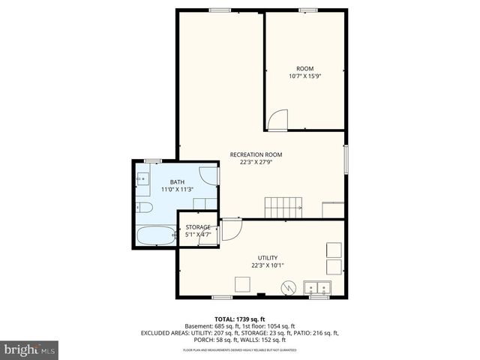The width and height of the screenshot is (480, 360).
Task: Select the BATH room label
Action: (x=177, y=181)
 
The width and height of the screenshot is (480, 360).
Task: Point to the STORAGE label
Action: (x=198, y=227)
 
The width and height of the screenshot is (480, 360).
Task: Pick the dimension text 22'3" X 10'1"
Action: (x=268, y=265)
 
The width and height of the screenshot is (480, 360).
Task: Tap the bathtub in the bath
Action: (x=155, y=236)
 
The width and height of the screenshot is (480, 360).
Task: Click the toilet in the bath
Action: (x=144, y=207)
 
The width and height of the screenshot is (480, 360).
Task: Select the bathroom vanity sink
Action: (x=142, y=180)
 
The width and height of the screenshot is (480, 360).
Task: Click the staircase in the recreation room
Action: (x=284, y=206)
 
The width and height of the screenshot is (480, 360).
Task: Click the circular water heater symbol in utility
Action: (x=287, y=286)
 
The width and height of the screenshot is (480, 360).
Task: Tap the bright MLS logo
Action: (x=30, y=349)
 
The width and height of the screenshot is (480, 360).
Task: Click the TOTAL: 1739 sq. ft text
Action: (x=239, y=319)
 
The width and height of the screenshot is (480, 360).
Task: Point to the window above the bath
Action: (x=153, y=160)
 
